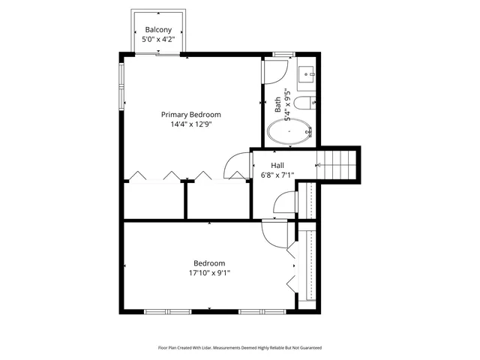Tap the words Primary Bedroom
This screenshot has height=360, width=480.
191,115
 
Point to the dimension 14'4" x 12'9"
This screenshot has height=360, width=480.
191,125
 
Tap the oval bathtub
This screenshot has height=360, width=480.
289,132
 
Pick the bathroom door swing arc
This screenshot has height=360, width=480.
274,71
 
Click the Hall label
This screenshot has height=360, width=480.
277,165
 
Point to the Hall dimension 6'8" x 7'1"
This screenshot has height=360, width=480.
277,175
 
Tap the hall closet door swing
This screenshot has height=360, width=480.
283,202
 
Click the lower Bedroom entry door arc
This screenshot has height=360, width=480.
274,235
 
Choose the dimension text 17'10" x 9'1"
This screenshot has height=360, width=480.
209,273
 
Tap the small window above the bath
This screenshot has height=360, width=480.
283,54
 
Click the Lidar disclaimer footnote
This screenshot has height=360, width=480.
239,348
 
